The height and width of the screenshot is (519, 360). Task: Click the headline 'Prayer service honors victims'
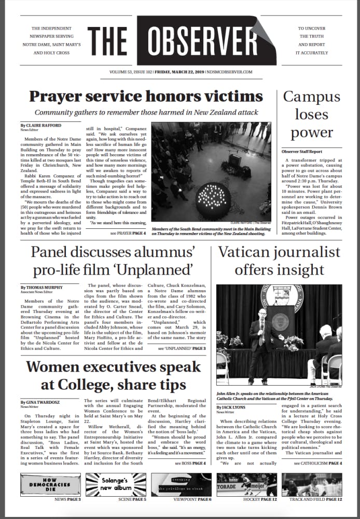click(146, 97)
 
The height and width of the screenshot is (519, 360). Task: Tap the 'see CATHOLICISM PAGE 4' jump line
click(318, 462)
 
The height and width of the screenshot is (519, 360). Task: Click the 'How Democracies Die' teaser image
click(50, 484)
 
